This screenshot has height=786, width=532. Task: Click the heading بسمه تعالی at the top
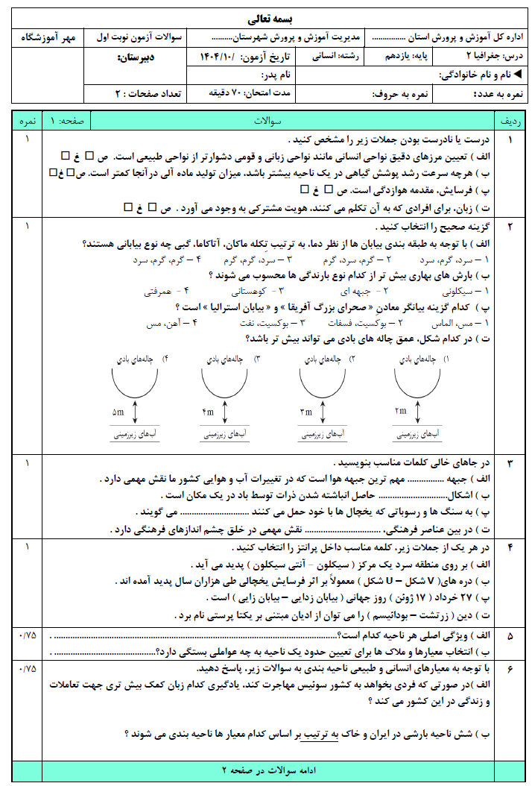[x=265, y=19]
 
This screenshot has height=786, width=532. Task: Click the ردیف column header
[x=510, y=121]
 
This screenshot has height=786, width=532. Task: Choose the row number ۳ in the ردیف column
[x=510, y=464]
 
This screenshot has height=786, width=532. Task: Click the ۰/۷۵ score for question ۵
[x=28, y=635]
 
